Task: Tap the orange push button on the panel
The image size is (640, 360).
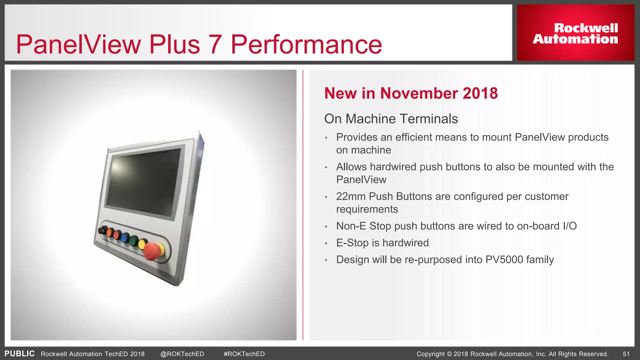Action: pos(110,232)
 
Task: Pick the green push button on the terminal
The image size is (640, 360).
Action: pos(133,241)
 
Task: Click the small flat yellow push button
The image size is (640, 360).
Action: pos(143,244)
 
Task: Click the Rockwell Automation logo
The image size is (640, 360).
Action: pos(575,33)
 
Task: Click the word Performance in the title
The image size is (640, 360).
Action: pos(306,45)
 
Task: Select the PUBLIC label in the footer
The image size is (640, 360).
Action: pos(19,354)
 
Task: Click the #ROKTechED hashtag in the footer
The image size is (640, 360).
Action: pos(244,354)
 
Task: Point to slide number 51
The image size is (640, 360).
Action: pos(626,354)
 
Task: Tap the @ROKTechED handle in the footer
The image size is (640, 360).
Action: pos(182,354)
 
